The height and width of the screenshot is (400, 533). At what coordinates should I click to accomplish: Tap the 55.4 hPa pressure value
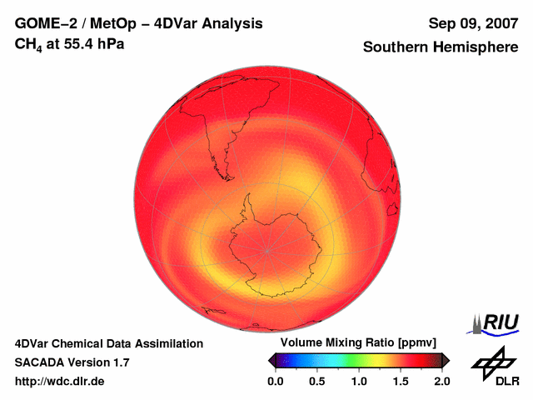point(91,42)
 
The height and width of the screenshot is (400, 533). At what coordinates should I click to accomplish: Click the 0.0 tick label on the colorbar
point(276,381)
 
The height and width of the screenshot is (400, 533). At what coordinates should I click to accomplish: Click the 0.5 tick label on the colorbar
point(317,381)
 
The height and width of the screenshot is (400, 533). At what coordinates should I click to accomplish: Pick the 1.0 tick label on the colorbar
point(359,381)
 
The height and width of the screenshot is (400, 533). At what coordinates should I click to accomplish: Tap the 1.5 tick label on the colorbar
point(401,381)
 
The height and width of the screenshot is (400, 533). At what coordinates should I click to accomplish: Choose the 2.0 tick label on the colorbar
point(442,381)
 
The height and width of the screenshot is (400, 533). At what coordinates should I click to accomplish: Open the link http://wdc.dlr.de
point(60,381)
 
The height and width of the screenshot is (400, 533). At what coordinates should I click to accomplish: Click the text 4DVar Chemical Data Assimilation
point(108,343)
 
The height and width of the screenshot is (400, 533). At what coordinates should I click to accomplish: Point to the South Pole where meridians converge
point(267,249)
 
